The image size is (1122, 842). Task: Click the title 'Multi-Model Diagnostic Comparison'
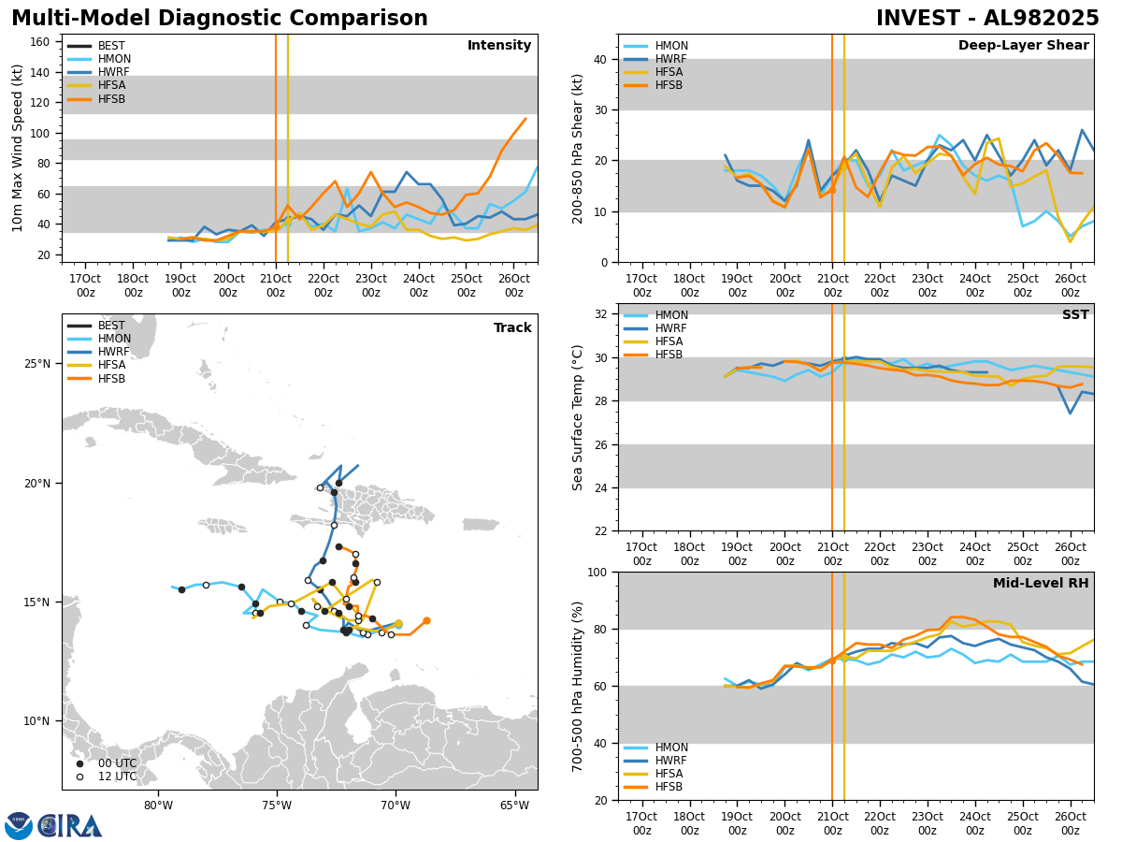(x=219, y=19)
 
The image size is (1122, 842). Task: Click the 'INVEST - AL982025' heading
(x=987, y=19)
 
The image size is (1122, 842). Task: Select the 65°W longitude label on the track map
(x=513, y=805)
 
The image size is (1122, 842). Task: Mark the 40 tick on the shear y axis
(x=598, y=59)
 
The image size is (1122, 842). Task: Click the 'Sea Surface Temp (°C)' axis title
(x=579, y=417)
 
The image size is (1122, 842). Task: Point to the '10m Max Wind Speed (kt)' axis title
(x=18, y=148)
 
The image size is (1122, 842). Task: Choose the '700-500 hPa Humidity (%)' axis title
(x=579, y=686)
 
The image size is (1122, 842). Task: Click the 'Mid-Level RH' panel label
(x=1041, y=584)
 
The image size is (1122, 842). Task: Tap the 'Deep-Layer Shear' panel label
(x=1023, y=46)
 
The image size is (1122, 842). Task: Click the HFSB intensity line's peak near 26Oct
(x=525, y=119)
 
